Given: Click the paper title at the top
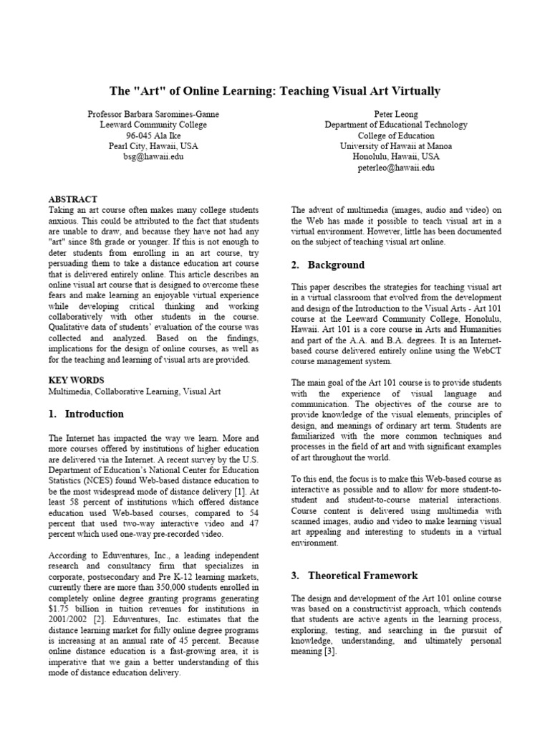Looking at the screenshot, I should pos(274,91).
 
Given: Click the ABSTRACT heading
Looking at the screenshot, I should pos(72,199).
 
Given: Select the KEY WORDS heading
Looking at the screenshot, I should pos(76,380).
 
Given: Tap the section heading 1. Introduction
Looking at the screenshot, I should pos(86,414).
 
